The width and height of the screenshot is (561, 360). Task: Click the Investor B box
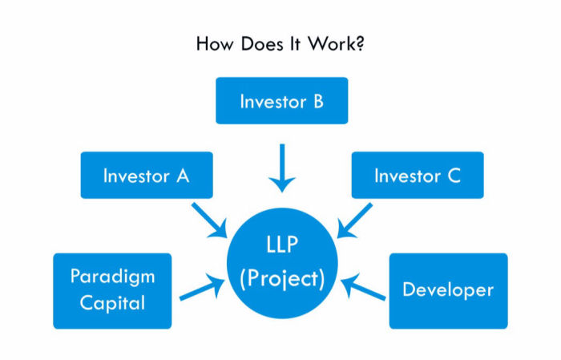281,100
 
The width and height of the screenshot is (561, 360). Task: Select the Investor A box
147,175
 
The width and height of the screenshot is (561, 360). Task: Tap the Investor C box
418,175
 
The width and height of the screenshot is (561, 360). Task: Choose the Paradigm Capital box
112,291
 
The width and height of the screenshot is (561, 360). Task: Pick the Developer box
448,291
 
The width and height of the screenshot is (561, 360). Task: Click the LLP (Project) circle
282,263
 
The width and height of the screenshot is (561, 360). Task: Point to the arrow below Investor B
282,168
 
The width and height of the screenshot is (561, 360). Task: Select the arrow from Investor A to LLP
210,220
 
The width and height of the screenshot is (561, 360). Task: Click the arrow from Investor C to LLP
354,220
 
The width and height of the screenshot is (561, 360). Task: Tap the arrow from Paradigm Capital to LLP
202,287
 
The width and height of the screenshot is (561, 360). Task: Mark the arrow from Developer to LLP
363,287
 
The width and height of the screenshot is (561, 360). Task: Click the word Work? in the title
336,44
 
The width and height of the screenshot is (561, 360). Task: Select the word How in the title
215,44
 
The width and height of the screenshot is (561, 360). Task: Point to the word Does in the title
260,44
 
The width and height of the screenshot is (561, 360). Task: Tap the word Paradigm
112,277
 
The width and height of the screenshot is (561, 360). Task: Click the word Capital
112,303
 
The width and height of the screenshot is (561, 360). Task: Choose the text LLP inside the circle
282,245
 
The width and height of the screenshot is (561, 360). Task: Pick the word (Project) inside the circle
282,279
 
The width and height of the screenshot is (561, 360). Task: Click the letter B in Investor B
318,101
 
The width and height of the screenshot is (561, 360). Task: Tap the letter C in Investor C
454,176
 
